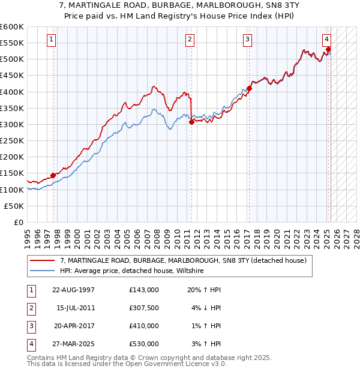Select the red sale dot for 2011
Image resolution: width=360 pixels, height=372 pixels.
coord(191,122)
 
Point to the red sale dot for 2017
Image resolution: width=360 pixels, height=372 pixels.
coord(249,88)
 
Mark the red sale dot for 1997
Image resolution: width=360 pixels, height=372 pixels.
coord(53,175)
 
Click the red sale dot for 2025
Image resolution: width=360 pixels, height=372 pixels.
coord(328,49)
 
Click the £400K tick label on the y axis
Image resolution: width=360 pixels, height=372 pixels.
coord(11,92)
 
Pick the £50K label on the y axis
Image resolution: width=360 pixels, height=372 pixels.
coord(14,206)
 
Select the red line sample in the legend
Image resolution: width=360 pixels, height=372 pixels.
coord(42,261)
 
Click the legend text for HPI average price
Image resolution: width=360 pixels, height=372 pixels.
coord(132,271)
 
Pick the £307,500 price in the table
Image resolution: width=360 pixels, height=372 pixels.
coord(143,307)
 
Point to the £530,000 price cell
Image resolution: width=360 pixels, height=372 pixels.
coord(143,344)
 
